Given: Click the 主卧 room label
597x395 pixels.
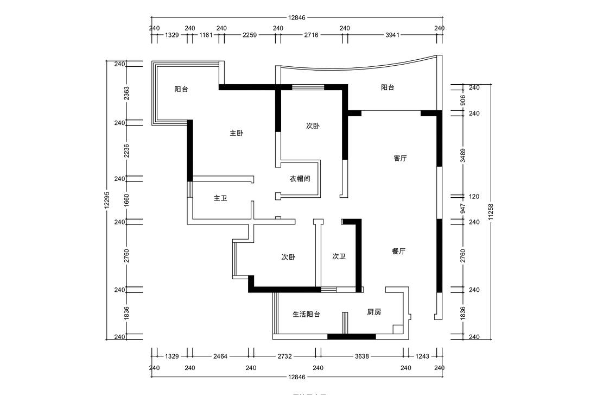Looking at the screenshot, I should (x=236, y=133).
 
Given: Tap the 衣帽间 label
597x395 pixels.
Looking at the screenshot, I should (x=300, y=178).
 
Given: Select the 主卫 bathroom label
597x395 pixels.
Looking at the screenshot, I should (x=220, y=198).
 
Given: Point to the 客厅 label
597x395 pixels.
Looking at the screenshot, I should (x=400, y=158).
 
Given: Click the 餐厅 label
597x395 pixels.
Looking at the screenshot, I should (x=398, y=252).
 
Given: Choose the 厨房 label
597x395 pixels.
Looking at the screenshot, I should (x=374, y=312).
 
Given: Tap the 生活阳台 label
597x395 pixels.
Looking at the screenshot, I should (x=306, y=314).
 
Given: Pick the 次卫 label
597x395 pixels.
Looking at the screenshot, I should (x=339, y=256).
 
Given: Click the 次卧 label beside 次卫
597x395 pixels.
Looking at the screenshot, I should (x=289, y=257).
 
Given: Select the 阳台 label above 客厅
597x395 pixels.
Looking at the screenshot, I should (x=388, y=87).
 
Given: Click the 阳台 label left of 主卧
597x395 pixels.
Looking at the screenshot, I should (x=181, y=89).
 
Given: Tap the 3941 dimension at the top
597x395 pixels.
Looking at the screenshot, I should (x=392, y=35).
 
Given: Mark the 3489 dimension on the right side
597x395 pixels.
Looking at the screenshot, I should (x=463, y=156).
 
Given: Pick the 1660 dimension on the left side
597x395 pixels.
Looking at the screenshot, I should (x=126, y=200).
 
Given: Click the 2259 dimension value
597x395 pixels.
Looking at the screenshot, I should (x=250, y=35).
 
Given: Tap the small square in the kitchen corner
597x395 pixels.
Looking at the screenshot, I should (x=397, y=329).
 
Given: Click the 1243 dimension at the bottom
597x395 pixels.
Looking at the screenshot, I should (x=422, y=356).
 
